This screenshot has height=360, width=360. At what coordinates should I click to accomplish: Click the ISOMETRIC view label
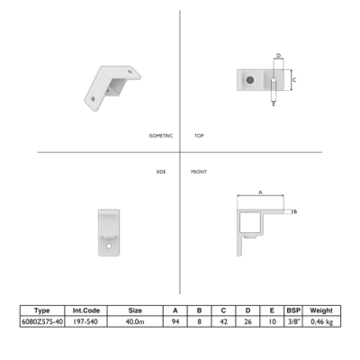[x=161, y=136]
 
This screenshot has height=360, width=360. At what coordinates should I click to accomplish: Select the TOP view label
[x=199, y=136]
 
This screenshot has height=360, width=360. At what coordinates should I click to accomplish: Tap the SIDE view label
[x=161, y=172]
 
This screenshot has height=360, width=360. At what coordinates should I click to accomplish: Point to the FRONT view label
[x=199, y=172]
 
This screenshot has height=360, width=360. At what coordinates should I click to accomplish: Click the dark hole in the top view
[x=250, y=80]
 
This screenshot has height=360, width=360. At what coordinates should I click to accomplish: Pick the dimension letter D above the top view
[x=279, y=56]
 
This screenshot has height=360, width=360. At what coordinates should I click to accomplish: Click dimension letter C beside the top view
[x=294, y=80]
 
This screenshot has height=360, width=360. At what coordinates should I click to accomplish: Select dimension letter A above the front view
[x=260, y=192]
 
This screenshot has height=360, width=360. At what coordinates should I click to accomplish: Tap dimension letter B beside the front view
[x=295, y=211]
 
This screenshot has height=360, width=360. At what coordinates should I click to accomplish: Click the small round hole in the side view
[x=109, y=246]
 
